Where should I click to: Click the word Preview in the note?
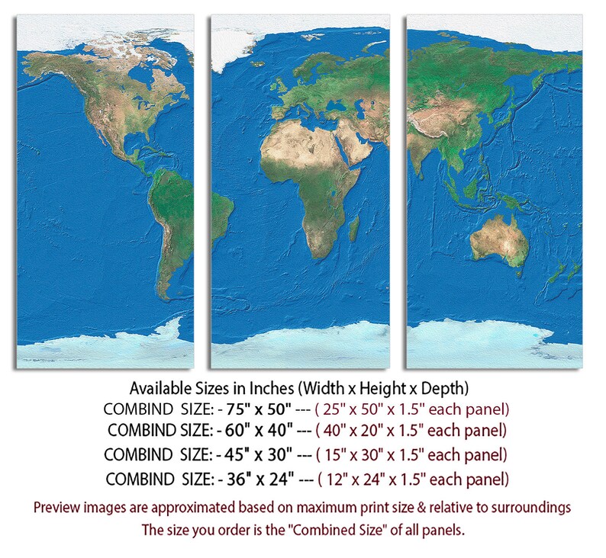[57, 506]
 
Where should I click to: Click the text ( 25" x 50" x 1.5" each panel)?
[413, 408]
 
